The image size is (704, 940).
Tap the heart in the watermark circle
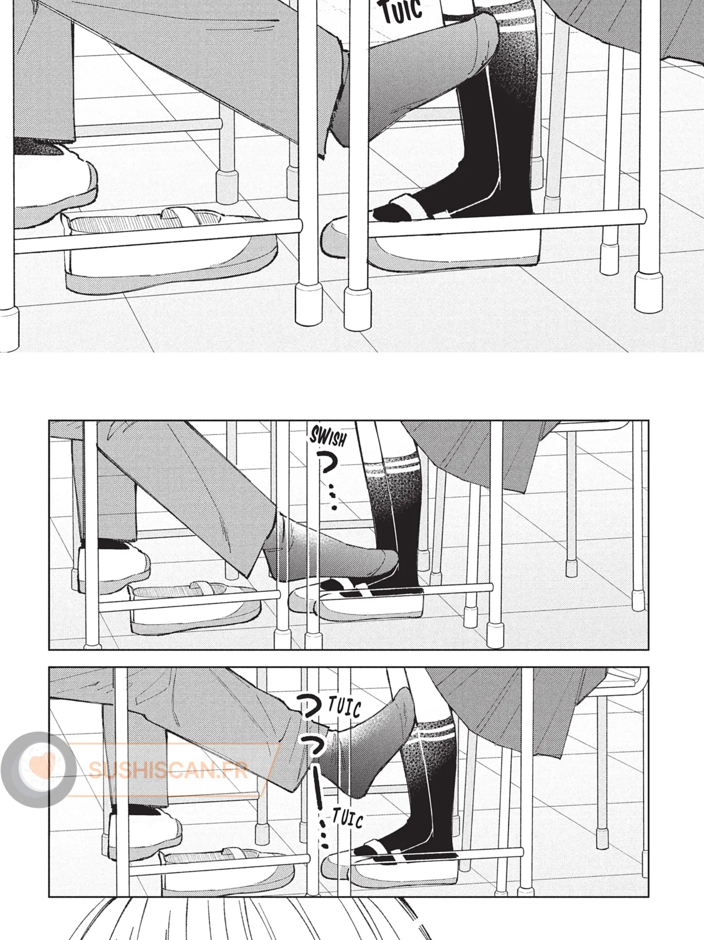pos(41,765)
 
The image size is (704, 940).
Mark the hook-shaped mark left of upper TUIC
pos(311,706)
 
